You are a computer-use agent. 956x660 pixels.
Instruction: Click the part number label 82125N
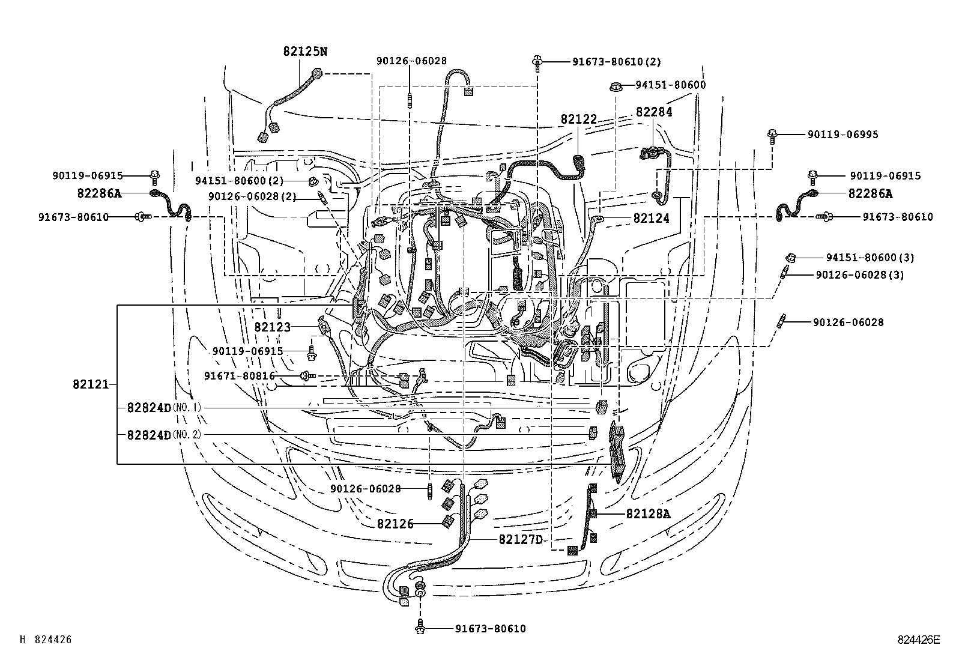(x=305, y=52)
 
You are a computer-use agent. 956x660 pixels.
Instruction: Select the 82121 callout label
(x=91, y=384)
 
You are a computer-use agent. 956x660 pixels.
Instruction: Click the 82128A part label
(x=648, y=513)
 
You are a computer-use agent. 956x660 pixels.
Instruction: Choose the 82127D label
(x=520, y=539)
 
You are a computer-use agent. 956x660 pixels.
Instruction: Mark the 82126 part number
(x=395, y=524)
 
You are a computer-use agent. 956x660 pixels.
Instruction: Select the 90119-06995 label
(x=842, y=135)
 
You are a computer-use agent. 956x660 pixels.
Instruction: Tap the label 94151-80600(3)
(x=870, y=258)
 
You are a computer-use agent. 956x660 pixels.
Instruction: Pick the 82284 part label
(x=654, y=112)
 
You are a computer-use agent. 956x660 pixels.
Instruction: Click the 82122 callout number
(x=579, y=120)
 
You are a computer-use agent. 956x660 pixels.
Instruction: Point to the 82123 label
(x=272, y=327)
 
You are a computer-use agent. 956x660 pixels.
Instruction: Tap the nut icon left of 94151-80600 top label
(x=615, y=86)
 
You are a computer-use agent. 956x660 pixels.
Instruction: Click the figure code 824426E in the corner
(x=918, y=640)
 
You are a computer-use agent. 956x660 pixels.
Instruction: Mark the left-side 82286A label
(x=99, y=193)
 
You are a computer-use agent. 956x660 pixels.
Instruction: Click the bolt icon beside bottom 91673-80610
(x=420, y=628)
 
